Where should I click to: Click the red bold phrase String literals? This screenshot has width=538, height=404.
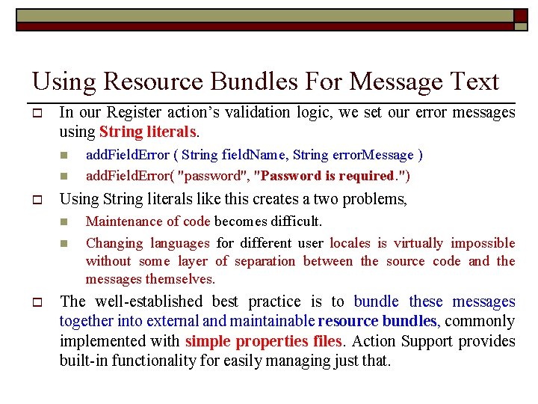pos(148,132)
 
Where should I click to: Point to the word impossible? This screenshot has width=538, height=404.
pos(483,243)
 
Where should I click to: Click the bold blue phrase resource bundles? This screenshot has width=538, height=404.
pos(377,322)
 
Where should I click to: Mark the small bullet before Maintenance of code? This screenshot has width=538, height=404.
pos(64,222)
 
